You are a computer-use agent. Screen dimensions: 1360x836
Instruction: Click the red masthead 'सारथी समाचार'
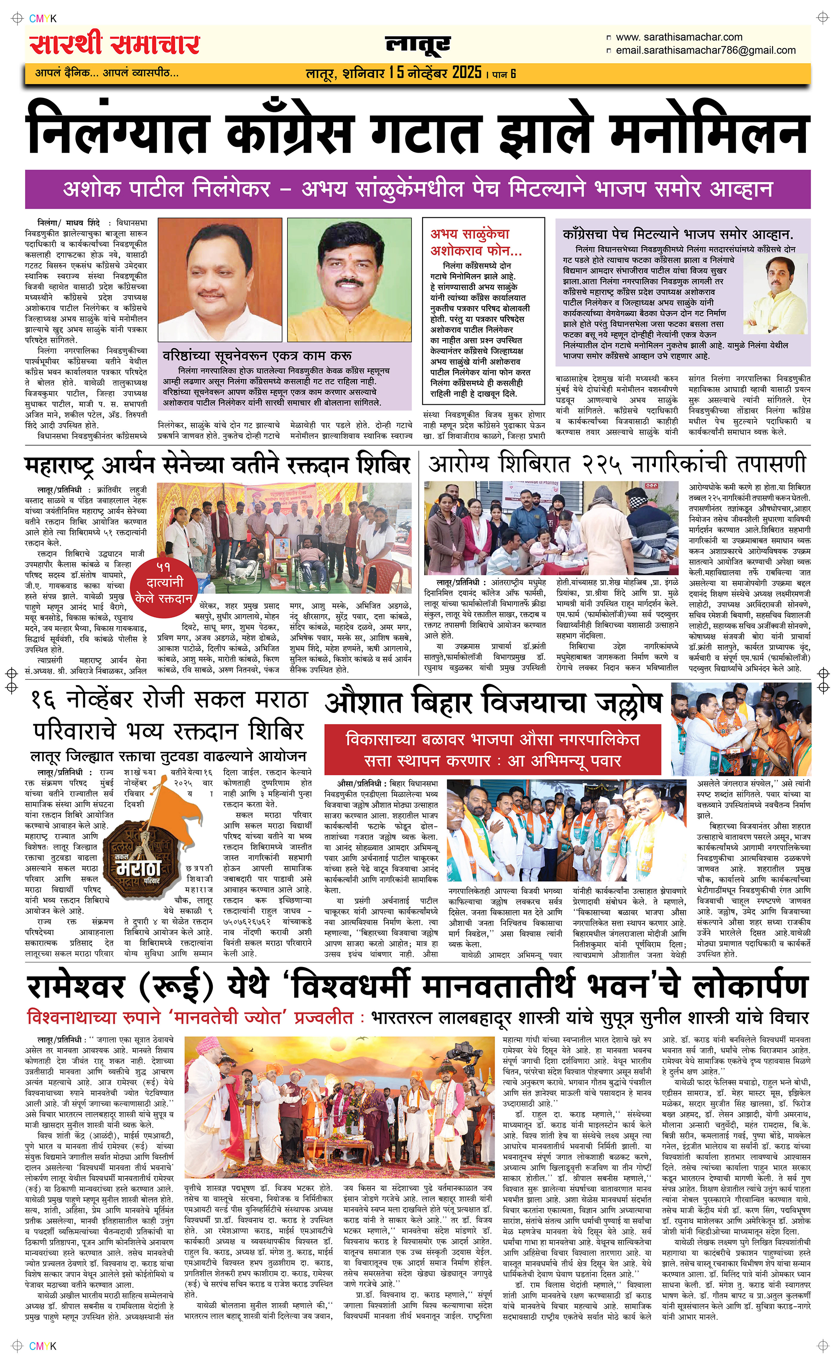coord(115,44)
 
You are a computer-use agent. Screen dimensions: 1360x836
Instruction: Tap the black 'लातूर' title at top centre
coord(418,45)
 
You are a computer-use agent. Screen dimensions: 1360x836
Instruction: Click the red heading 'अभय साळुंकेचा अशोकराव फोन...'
coord(476,242)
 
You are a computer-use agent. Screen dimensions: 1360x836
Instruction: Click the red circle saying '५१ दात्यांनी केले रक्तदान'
coord(164,582)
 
